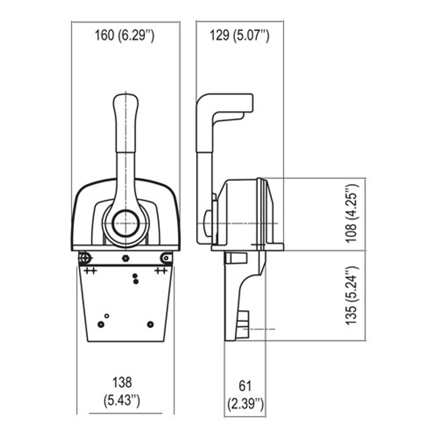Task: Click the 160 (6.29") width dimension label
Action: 124,36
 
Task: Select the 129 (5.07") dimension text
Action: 239,36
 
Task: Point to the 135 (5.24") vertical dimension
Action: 351,296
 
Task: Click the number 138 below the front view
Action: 122,382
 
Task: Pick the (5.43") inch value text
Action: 122,400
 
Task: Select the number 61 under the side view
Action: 245,385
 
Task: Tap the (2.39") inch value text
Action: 245,404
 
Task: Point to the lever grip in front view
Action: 126,122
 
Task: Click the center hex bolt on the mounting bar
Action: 126,258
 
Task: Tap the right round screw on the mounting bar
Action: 166,258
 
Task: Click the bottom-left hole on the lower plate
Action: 101,324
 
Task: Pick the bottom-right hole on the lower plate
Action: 150,324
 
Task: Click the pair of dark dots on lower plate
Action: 135,279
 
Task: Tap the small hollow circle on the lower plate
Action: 107,315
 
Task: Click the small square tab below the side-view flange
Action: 231,258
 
